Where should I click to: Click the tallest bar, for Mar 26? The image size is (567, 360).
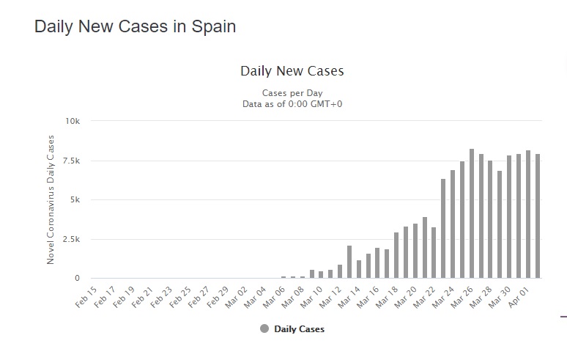pyautogui.click(x=472, y=213)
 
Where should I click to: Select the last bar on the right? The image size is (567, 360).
pyautogui.click(x=538, y=216)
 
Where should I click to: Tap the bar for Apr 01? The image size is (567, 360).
pyautogui.click(x=528, y=214)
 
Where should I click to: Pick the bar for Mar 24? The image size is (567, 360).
pyautogui.click(x=453, y=224)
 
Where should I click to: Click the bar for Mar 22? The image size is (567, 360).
pyautogui.click(x=434, y=252)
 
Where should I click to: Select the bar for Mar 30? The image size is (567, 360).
pyautogui.click(x=509, y=217)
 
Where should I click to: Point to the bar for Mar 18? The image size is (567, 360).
pyautogui.click(x=396, y=255)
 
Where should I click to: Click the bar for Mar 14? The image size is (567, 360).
pyautogui.click(x=359, y=269)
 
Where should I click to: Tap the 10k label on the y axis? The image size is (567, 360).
pyautogui.click(x=73, y=121)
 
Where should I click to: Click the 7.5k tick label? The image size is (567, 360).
pyautogui.click(x=71, y=161)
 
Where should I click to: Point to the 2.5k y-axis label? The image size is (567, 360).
pyautogui.click(x=71, y=239)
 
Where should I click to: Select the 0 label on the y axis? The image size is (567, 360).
pyautogui.click(x=77, y=278)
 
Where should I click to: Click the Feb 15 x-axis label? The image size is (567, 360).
pyautogui.click(x=86, y=297)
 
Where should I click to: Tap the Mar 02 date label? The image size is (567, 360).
pyautogui.click(x=236, y=298)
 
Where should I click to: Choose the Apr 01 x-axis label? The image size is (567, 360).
pyautogui.click(x=519, y=298)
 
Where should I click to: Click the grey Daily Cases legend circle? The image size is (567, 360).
pyautogui.click(x=264, y=328)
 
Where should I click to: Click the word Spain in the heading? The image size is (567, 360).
pyautogui.click(x=214, y=27)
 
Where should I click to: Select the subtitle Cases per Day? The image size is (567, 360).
pyautogui.click(x=292, y=93)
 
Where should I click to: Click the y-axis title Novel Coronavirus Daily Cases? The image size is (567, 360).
pyautogui.click(x=51, y=199)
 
